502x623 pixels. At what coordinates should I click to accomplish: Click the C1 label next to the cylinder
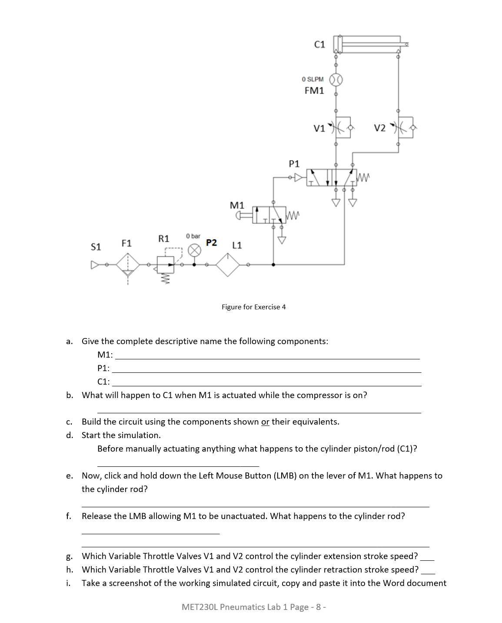tap(319, 44)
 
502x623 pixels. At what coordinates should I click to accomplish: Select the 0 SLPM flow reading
tap(313, 79)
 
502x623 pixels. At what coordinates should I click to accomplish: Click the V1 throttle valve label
tap(319, 128)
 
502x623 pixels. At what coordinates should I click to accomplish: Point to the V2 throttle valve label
tap(379, 128)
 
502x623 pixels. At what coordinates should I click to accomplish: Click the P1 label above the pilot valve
tap(294, 164)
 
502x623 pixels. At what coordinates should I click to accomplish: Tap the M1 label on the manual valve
tap(237, 205)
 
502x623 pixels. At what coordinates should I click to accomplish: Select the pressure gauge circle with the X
tap(195, 251)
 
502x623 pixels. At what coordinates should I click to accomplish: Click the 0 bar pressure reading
tap(193, 236)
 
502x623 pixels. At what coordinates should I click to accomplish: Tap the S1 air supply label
tap(96, 247)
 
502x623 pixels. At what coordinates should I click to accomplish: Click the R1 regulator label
tap(163, 238)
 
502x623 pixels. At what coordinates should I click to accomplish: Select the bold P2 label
tap(212, 243)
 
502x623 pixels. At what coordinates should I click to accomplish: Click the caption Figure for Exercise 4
tap(253, 307)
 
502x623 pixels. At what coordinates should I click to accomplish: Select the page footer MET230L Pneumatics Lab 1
tap(253, 607)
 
